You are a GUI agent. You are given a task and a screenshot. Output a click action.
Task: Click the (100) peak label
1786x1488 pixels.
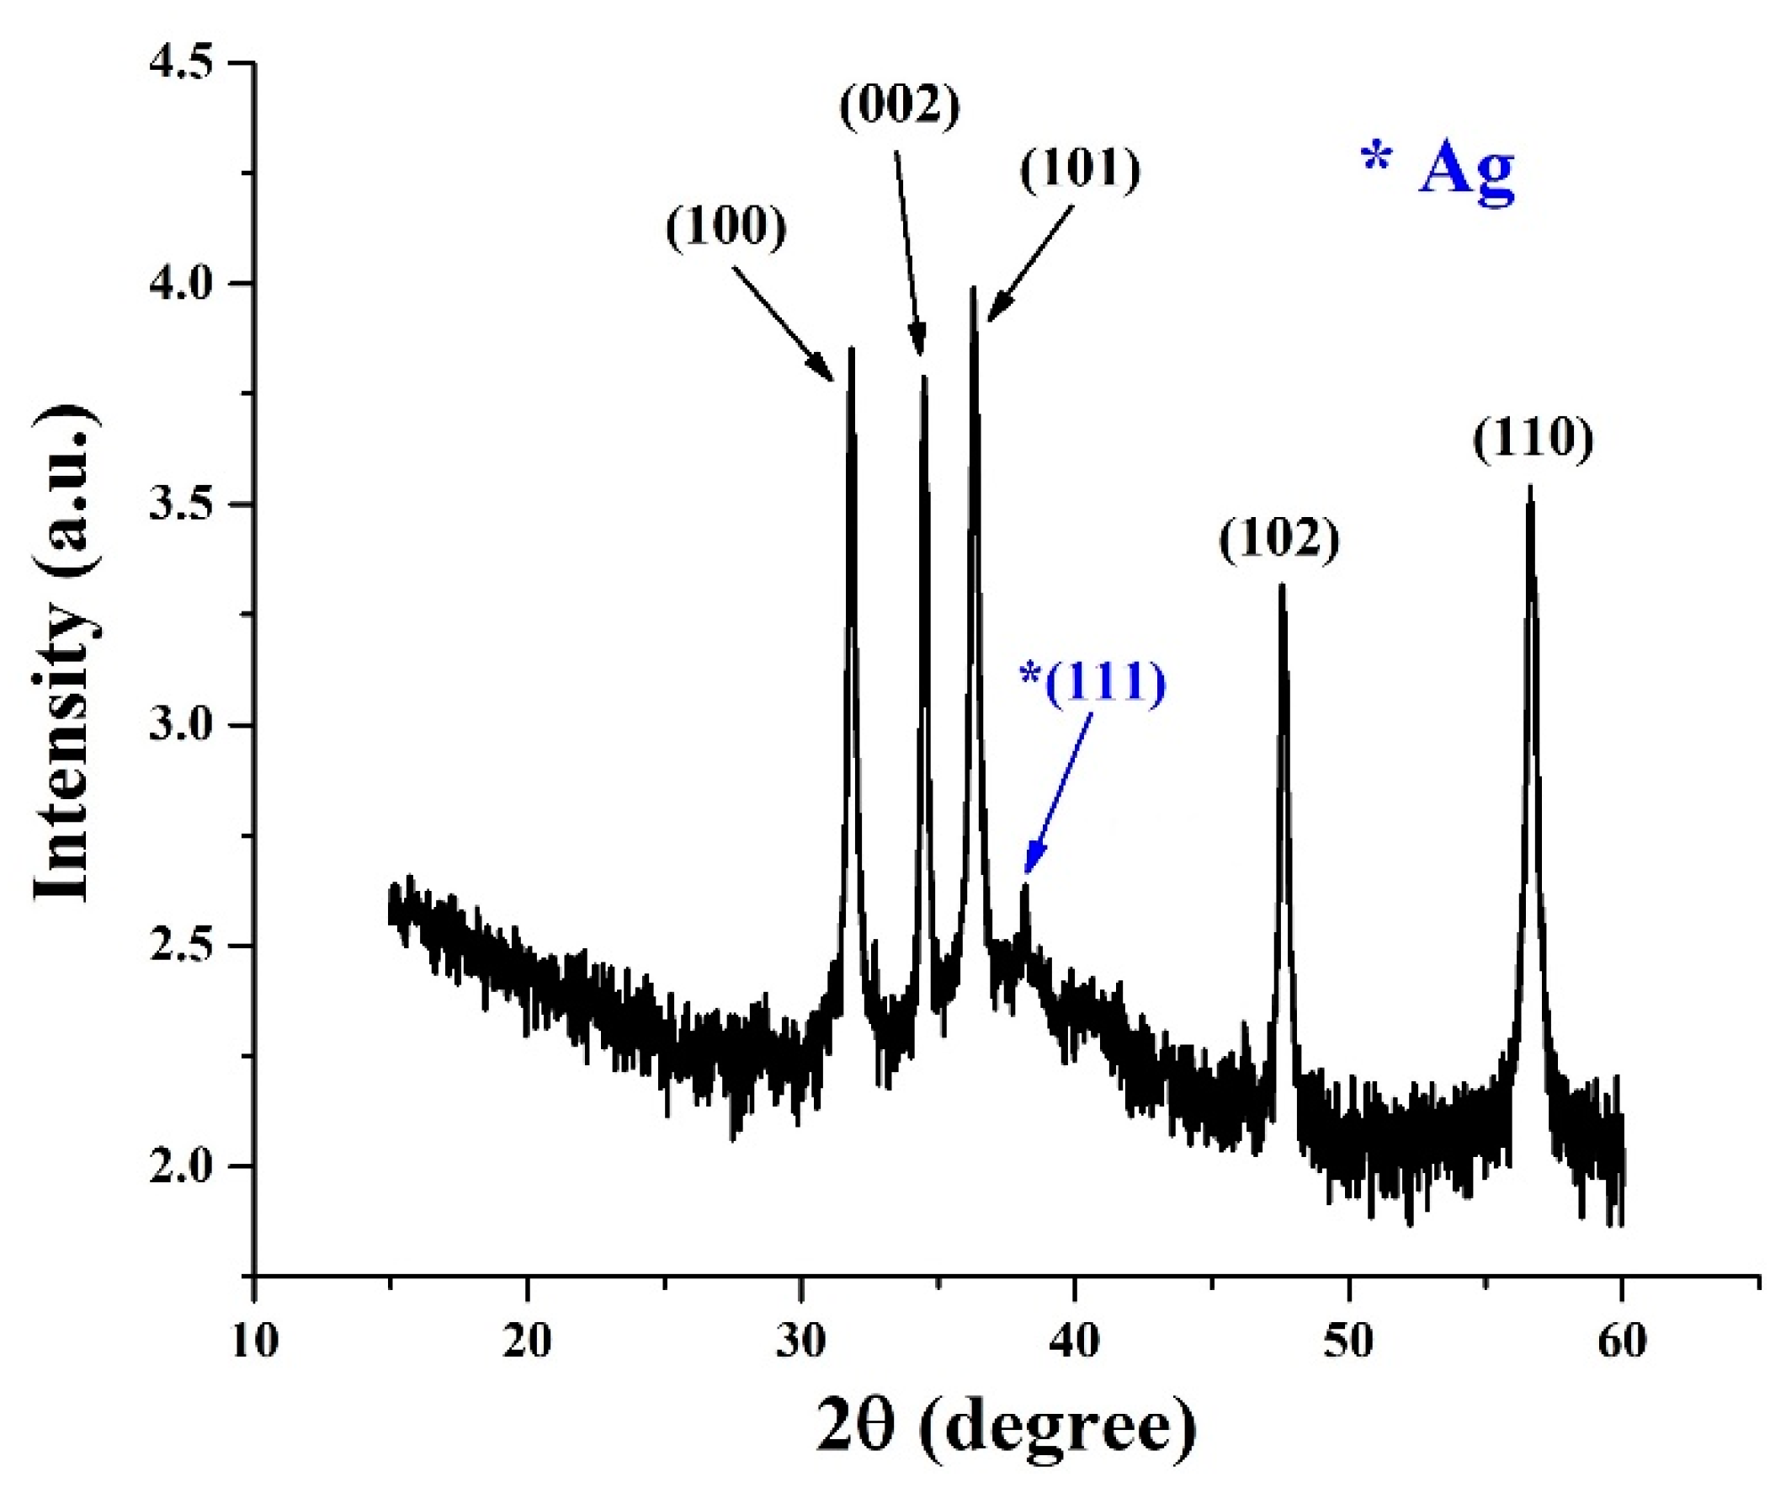point(726,230)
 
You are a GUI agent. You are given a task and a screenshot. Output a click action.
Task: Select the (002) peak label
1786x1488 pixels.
point(900,109)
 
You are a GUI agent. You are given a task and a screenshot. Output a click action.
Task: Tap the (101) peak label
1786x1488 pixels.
point(1080,170)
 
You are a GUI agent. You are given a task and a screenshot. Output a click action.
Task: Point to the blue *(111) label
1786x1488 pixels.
point(1092,684)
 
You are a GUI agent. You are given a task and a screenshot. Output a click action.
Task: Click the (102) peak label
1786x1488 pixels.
point(1279,541)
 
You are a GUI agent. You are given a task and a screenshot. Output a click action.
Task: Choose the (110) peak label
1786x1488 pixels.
point(1533,440)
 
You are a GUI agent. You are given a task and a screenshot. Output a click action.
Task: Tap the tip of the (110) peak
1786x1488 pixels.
point(1530,488)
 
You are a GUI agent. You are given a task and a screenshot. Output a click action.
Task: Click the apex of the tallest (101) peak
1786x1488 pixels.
point(973,289)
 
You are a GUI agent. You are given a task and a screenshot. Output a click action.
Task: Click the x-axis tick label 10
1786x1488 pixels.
point(253,1341)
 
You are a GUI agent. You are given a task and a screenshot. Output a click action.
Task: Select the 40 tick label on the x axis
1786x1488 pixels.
point(1075,1341)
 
